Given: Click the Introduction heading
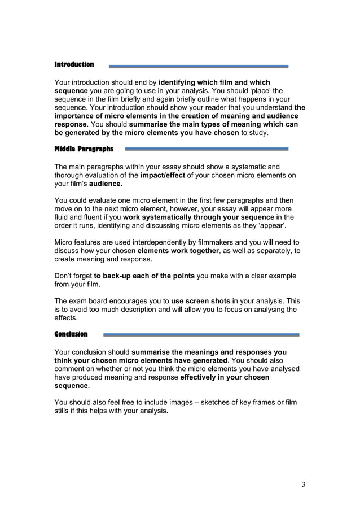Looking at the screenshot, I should [x=74, y=64].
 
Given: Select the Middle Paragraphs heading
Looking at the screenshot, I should [x=84, y=149].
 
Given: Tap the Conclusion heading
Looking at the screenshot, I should [x=71, y=334].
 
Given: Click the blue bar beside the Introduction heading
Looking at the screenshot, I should [x=198, y=66].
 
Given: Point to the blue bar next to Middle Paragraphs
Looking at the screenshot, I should [x=206, y=149].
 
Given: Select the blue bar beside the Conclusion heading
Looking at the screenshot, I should [x=201, y=334].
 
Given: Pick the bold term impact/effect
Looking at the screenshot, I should [x=163, y=175].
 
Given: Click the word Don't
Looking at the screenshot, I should [x=64, y=276].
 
